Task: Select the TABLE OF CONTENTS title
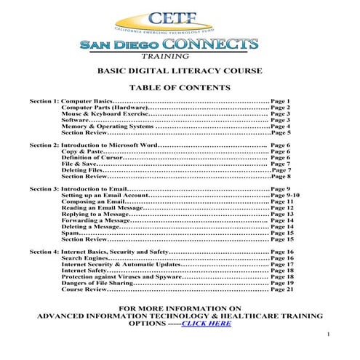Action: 180,87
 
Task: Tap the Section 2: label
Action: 44,145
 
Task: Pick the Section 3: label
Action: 44,189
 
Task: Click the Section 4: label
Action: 44,252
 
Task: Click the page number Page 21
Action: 282,289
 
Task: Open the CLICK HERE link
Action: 206,323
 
